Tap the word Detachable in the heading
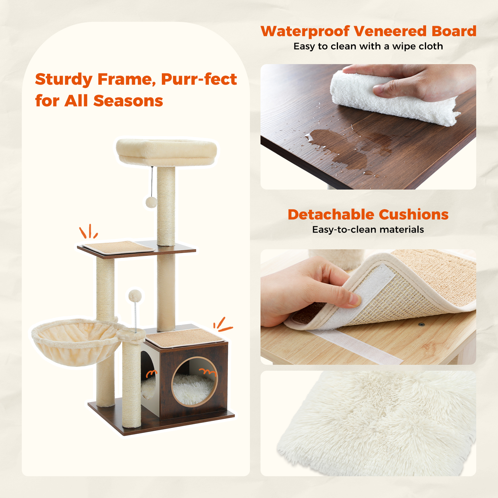click(331, 214)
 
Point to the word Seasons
click(128, 101)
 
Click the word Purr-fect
click(199, 79)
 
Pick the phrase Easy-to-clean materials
click(368, 230)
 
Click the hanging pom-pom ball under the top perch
click(151, 202)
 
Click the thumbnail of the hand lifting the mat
click(368, 307)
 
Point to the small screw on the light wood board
click(421, 324)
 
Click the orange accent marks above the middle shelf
click(89, 232)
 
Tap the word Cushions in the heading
click(414, 214)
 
